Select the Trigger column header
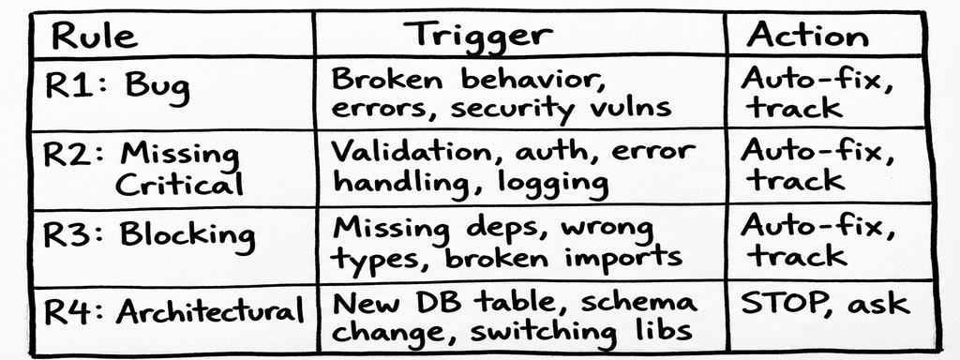click(478, 36)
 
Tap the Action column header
click(807, 36)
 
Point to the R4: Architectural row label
click(174, 312)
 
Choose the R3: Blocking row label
click(148, 234)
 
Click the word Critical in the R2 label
click(178, 183)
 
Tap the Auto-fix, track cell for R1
click(812, 93)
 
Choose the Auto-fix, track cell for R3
click(812, 241)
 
